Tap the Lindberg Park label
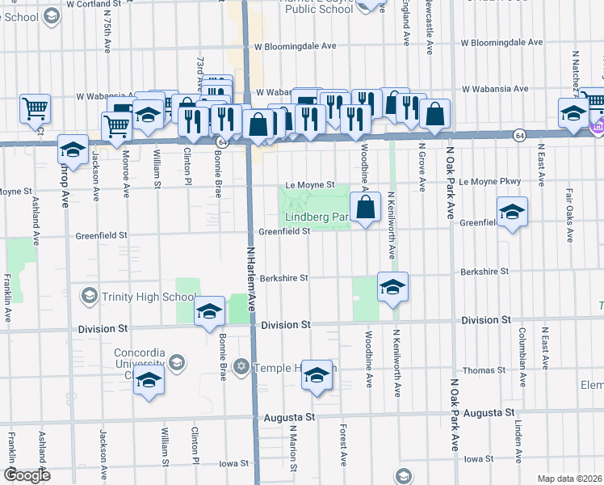coord(316,217)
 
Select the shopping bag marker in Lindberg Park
coord(366,207)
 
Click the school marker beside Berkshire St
coord(392,287)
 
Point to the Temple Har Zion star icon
coord(240,368)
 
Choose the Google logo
coord(27,475)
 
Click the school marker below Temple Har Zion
coord(317,375)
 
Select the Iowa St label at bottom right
coord(479,458)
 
